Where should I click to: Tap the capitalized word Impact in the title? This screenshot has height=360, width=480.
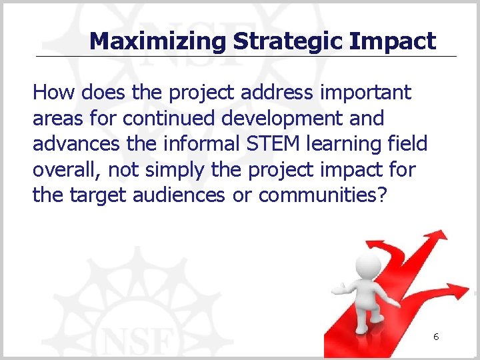(393, 41)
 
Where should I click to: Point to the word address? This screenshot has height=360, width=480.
(271, 93)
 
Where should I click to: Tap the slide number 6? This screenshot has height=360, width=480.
(435, 337)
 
